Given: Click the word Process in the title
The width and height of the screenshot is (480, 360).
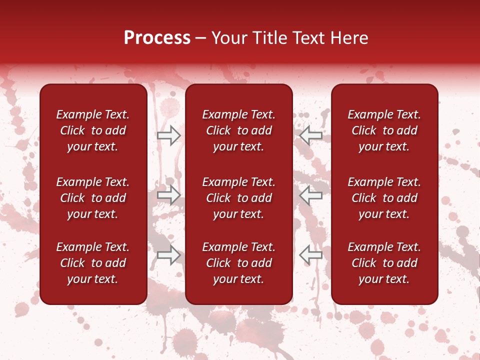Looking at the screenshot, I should tap(157, 38).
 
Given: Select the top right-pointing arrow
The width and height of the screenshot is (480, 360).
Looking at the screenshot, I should tap(168, 135).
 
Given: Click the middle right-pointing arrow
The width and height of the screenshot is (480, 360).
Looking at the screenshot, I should tap(168, 195).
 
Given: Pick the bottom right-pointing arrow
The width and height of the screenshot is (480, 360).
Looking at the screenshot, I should tap(168, 255).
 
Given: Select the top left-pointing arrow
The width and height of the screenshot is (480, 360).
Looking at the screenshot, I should tap(311, 135).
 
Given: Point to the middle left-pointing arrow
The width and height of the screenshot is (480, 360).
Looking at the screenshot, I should tap(311, 195).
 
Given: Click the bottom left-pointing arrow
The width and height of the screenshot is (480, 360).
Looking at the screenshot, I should tap(311, 255).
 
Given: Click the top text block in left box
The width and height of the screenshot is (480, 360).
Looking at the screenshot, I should tap(93, 130).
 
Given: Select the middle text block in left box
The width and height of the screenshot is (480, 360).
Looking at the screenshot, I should tap(93, 198).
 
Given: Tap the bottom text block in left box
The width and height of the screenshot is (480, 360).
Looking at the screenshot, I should tap(93, 263).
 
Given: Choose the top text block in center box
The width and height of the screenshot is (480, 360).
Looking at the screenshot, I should tap(238, 130).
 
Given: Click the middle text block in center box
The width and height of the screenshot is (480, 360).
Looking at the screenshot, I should tap(238, 198).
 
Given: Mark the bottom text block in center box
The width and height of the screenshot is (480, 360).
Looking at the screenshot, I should tap(238, 263).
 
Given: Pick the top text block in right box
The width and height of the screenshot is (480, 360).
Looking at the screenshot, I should tap(384, 130).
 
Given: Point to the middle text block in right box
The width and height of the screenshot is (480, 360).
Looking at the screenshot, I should tap(384, 198).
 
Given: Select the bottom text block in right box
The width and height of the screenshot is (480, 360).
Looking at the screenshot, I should tap(384, 263).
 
